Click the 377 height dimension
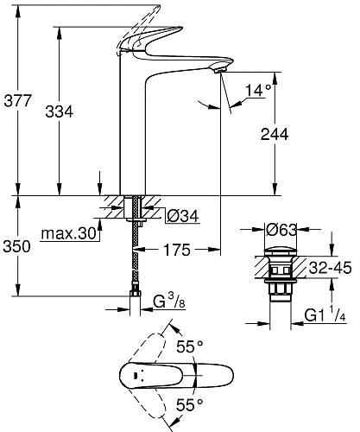coord(17,100)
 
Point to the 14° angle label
coord(259,89)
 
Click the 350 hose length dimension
coord(17,246)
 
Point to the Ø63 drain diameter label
coord(284,231)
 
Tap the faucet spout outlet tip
coord(222,71)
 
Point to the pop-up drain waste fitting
coord(277,276)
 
